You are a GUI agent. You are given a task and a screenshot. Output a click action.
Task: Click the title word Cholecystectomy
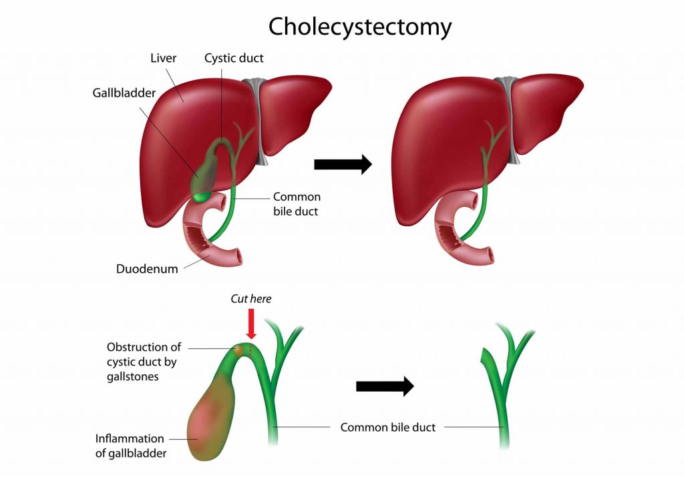360,27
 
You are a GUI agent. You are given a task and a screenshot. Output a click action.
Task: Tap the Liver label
163,58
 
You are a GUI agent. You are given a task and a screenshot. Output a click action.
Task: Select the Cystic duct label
234,58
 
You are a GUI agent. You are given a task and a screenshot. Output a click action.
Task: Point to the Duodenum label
148,269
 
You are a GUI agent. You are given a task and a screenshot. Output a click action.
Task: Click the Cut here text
251,299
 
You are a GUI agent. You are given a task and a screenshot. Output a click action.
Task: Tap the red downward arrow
251,324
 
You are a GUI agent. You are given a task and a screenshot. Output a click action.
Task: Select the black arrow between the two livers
343,163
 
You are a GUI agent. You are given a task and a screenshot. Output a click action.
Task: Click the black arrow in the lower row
385,386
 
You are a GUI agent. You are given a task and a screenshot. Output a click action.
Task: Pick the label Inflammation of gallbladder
130,446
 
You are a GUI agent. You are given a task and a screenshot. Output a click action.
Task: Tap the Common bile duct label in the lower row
387,427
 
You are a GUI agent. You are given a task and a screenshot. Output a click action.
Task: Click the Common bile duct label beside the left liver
297,203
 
